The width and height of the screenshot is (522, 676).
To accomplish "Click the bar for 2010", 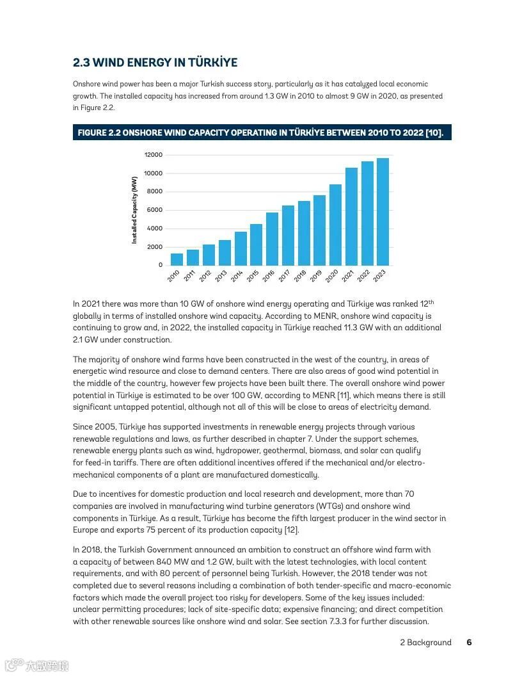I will pyautogui.click(x=177, y=259).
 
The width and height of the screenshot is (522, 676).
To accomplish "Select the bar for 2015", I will pyautogui.click(x=256, y=245).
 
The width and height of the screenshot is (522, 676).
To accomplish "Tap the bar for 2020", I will pyautogui.click(x=335, y=225).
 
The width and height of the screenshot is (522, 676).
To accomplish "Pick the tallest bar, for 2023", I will pyautogui.click(x=383, y=212).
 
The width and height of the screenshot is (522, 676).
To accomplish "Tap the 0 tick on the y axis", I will pyautogui.click(x=161, y=265).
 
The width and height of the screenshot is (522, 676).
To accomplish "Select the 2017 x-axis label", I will pyautogui.click(x=283, y=276).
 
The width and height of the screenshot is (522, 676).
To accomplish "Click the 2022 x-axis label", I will pyautogui.click(x=363, y=276).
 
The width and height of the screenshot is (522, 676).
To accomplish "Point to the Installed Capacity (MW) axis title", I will pyautogui.click(x=135, y=210).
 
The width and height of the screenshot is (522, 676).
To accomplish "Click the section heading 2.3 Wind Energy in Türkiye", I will pyautogui.click(x=155, y=63).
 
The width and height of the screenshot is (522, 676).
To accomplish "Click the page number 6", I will pyautogui.click(x=469, y=642).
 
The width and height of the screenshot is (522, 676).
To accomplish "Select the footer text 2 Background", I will pyautogui.click(x=425, y=642).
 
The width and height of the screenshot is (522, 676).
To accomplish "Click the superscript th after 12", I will pyautogui.click(x=431, y=302).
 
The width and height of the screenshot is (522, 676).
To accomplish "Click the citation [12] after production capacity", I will pyautogui.click(x=291, y=530).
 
